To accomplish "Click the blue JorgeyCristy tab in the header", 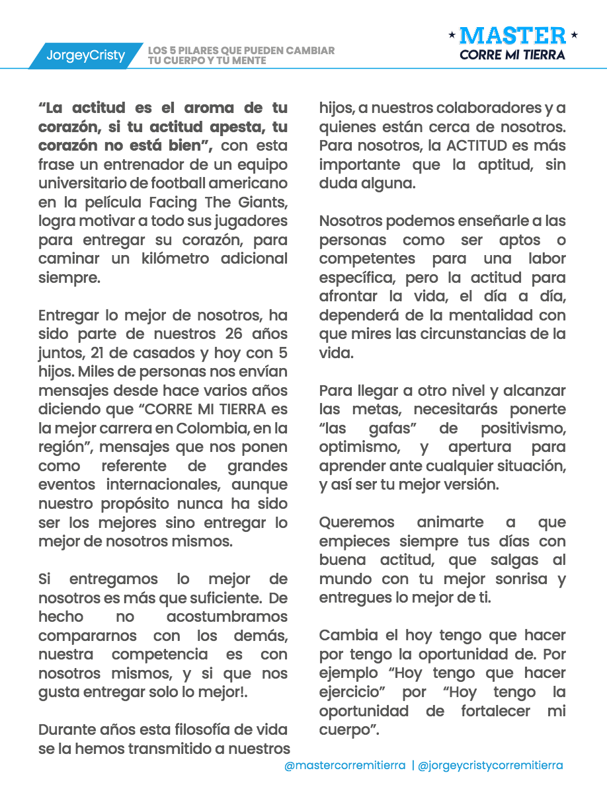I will (85, 56).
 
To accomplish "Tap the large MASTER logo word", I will (512, 36).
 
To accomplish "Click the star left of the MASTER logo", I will (451, 34).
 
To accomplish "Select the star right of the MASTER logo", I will (574, 34).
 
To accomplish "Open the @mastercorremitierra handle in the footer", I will (344, 766).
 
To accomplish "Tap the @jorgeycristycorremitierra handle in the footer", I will (491, 766).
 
